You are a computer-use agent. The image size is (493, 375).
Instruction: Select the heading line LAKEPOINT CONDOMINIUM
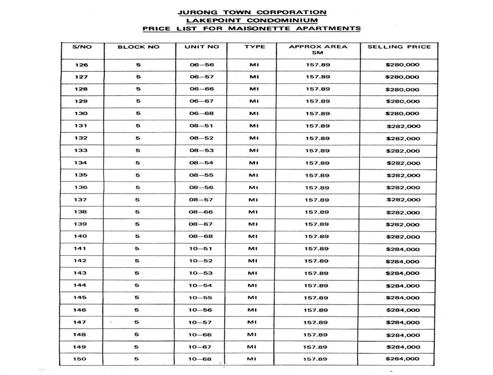252,20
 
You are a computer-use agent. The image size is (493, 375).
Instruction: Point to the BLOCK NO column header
138,47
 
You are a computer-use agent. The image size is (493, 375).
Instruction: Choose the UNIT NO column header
201,47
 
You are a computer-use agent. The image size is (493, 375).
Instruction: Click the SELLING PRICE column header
399,47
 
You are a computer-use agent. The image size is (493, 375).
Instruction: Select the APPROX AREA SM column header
317,50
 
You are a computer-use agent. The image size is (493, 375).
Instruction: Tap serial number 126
82,65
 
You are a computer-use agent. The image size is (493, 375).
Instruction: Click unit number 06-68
201,113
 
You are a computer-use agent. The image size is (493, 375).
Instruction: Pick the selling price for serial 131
403,126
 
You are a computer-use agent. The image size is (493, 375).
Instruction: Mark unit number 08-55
201,175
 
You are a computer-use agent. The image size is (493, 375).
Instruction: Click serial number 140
81,236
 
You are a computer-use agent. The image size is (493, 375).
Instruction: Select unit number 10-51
201,249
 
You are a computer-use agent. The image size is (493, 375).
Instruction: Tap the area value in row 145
317,298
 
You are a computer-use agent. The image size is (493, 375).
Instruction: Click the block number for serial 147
137,322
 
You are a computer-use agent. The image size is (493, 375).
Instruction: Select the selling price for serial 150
402,359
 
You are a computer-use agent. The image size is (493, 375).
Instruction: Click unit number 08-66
201,212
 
